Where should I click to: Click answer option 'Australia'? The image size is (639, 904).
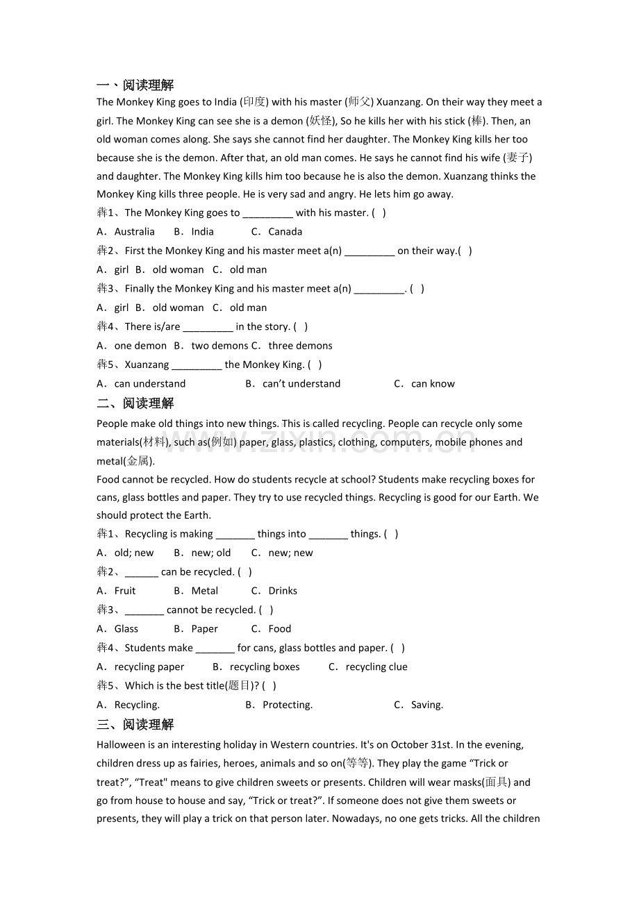134,232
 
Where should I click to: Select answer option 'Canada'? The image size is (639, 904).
285,232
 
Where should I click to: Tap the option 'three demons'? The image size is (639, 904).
300,346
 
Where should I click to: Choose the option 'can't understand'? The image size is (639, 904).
301,384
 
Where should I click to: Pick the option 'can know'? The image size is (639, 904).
433,384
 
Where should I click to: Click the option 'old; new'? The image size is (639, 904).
134,553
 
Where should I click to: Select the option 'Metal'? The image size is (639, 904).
204,591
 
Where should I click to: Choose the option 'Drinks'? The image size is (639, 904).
283,591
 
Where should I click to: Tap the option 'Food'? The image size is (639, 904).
279,629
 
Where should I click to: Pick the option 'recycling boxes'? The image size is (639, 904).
265,667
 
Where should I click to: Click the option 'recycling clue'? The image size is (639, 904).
376,667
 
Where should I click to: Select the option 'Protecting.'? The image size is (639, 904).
288,705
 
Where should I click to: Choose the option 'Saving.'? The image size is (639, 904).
427,705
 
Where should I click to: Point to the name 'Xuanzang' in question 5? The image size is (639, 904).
147,365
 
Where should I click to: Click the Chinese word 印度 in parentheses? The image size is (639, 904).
254,102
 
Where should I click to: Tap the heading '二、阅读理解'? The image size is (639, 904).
135,403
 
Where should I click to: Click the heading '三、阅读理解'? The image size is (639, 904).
135,725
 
